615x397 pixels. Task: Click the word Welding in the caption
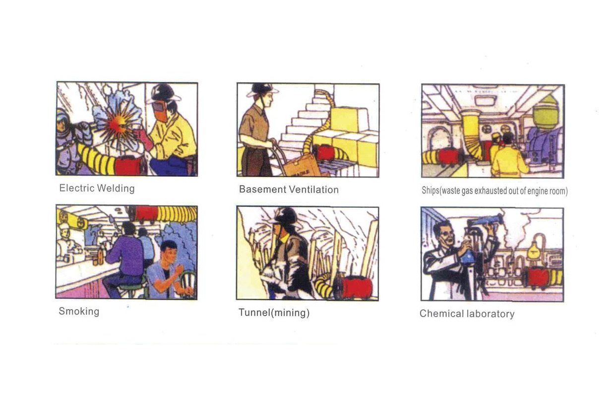(116, 189)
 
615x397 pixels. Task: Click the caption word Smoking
(79, 312)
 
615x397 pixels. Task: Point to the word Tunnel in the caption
(254, 312)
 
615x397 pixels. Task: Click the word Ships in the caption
(430, 191)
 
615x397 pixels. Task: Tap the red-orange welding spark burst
(117, 125)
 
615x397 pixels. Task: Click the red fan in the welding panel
(128, 166)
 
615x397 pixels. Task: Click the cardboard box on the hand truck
(301, 166)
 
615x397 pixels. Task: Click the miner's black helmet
(286, 216)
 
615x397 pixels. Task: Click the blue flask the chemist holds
(469, 258)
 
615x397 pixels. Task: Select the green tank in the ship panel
(545, 113)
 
